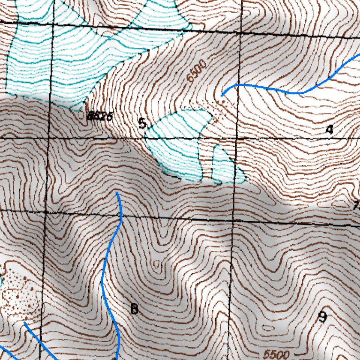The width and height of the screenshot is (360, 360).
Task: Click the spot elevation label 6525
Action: [x=100, y=117]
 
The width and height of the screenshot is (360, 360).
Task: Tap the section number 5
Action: [x=142, y=123]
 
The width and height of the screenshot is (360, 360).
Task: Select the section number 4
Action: [x=330, y=129]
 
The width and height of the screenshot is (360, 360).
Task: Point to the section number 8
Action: [x=134, y=309]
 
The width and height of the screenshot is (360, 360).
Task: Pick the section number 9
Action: [x=322, y=317]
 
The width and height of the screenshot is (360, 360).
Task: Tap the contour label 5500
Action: [x=277, y=354]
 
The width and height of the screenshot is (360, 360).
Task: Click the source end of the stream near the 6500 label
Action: [x=222, y=95]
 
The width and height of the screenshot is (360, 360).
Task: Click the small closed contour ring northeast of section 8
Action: [x=155, y=265]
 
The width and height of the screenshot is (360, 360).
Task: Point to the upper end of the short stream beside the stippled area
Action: [x=24, y=323]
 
